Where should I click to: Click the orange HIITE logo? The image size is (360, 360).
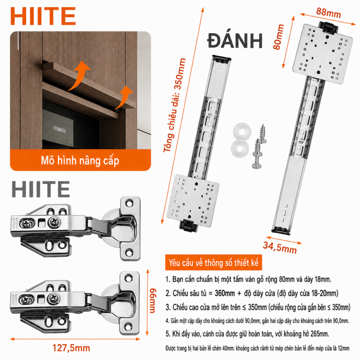(x=43, y=16)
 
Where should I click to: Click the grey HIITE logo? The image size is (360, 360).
(x=40, y=189)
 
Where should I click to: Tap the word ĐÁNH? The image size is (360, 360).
(x=235, y=40)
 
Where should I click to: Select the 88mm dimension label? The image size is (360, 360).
(x=328, y=13)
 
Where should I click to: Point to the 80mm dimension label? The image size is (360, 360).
(x=279, y=37)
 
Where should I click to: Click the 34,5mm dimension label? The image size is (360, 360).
(x=280, y=247)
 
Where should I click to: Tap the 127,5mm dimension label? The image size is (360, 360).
(x=71, y=348)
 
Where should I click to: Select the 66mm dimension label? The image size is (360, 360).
(x=153, y=301)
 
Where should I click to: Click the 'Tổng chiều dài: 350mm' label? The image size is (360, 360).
(x=175, y=105)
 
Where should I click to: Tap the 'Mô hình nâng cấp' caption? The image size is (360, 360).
(x=80, y=161)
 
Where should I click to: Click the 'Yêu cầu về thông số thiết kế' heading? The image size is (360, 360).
(x=213, y=263)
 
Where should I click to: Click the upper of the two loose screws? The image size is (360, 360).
(x=262, y=134)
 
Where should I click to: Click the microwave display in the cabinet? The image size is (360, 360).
(x=59, y=129)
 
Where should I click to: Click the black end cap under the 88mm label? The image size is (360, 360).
(x=328, y=27)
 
